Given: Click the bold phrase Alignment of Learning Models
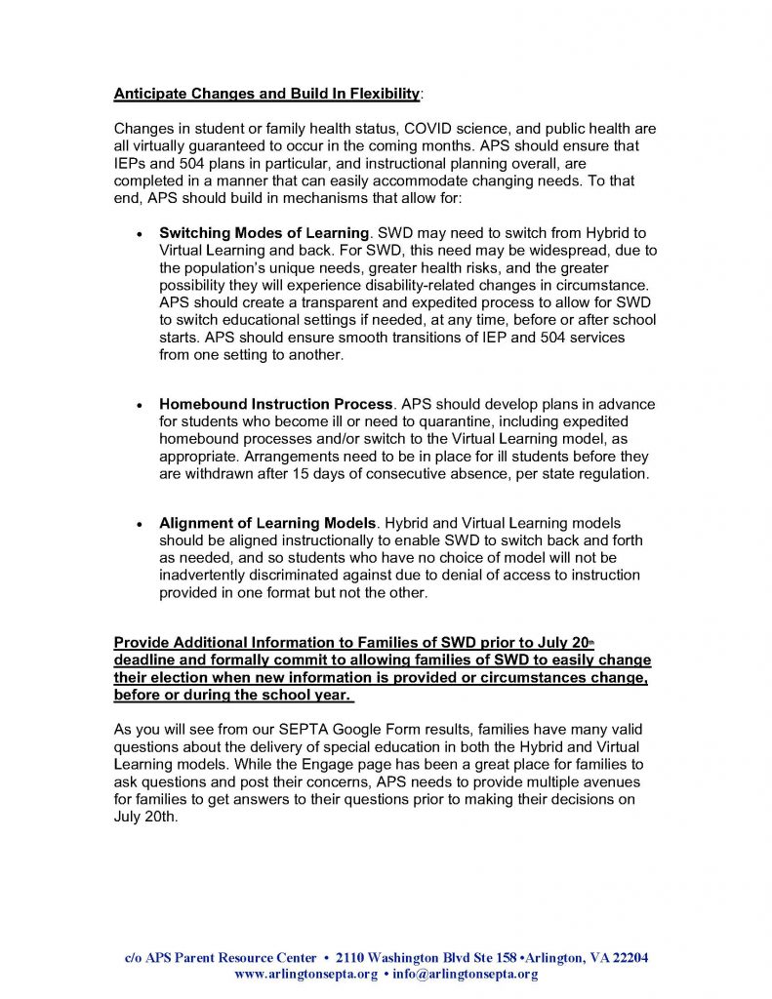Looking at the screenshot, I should pyautogui.click(x=266, y=524).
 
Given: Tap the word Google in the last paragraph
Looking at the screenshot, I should pyautogui.click(x=349, y=729).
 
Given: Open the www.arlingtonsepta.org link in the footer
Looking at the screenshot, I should pyautogui.click(x=305, y=974).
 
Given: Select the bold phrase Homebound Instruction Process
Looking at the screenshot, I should pyautogui.click(x=275, y=404).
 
